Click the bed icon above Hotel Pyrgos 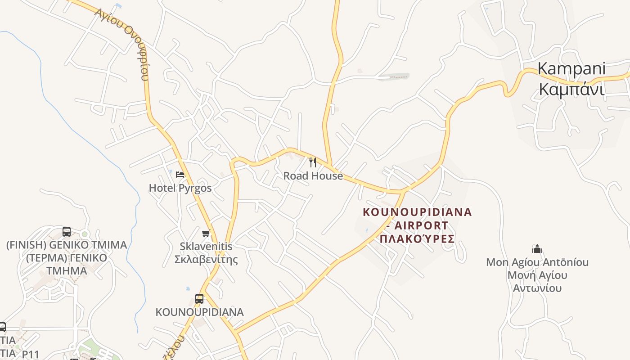(x=180, y=174)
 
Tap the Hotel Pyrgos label (x=180, y=188)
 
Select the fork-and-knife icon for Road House (x=313, y=162)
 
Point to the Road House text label (x=313, y=176)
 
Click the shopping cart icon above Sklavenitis (x=206, y=233)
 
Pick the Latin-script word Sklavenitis (x=206, y=246)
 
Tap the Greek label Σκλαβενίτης (x=206, y=260)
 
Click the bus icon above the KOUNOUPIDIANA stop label (x=199, y=298)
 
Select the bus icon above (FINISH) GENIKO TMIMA (x=67, y=232)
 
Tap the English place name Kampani (x=571, y=69)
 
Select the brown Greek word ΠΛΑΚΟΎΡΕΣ (x=417, y=238)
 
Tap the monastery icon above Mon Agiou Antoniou (x=537, y=249)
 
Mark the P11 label (x=31, y=354)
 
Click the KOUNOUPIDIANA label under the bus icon (x=199, y=312)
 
